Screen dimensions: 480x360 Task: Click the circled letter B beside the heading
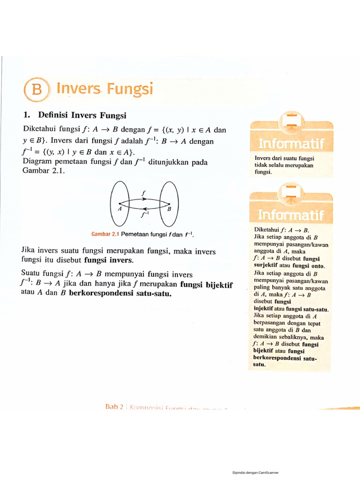click(x=37, y=90)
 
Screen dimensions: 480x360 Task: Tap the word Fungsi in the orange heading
click(x=129, y=89)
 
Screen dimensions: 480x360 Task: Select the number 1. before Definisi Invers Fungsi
click(x=27, y=115)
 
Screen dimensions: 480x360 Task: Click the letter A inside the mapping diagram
click(x=120, y=209)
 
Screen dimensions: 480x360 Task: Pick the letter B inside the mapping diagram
click(x=169, y=209)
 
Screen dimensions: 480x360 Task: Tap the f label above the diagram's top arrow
click(x=143, y=193)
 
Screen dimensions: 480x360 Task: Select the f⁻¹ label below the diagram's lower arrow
click(x=144, y=215)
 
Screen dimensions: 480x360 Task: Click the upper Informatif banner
click(x=291, y=142)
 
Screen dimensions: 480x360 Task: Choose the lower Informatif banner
click(x=291, y=215)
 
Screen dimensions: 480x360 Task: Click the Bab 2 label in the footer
click(x=114, y=407)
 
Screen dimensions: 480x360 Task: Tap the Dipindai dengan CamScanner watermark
click(x=255, y=472)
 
